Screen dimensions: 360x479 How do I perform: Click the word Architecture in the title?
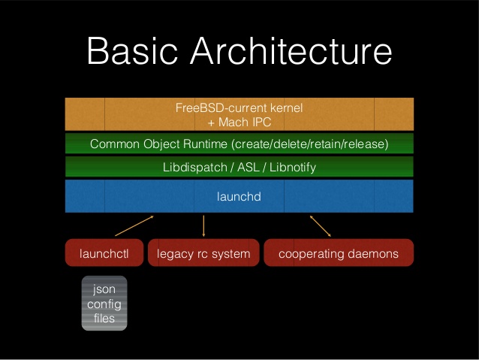pos(295,52)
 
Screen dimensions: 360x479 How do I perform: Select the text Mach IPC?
pos(245,121)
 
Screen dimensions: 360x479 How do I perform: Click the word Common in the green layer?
pos(113,144)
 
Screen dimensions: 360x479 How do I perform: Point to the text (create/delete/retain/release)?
pos(309,144)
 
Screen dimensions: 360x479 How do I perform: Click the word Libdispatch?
pos(192,168)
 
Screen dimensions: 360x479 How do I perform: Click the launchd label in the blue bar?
pos(239,197)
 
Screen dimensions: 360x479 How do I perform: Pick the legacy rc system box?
pos(203,254)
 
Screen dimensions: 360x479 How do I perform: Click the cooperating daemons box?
pos(338,254)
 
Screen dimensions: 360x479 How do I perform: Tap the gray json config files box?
pos(104,304)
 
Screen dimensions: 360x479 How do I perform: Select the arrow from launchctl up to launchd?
pos(135,225)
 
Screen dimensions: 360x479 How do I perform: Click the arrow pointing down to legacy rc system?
pos(203,226)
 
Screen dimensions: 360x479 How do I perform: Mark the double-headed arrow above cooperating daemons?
pos(321,225)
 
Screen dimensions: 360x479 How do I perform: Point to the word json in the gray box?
pos(104,289)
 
